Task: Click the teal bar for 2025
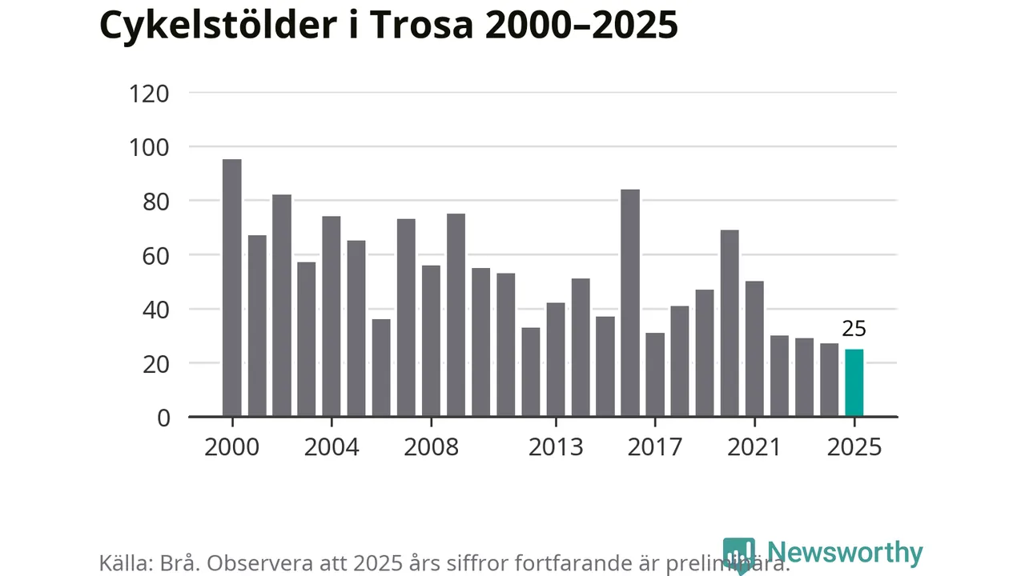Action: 854,383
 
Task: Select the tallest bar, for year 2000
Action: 231,288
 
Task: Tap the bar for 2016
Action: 630,303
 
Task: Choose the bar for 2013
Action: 556,360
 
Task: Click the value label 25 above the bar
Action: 854,329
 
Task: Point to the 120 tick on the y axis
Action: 149,94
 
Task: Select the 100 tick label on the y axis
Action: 149,147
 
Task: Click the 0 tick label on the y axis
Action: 163,418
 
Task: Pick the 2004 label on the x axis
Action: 331,446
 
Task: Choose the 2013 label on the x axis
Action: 556,446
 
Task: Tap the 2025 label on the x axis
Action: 854,446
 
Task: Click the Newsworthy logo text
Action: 844,553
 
